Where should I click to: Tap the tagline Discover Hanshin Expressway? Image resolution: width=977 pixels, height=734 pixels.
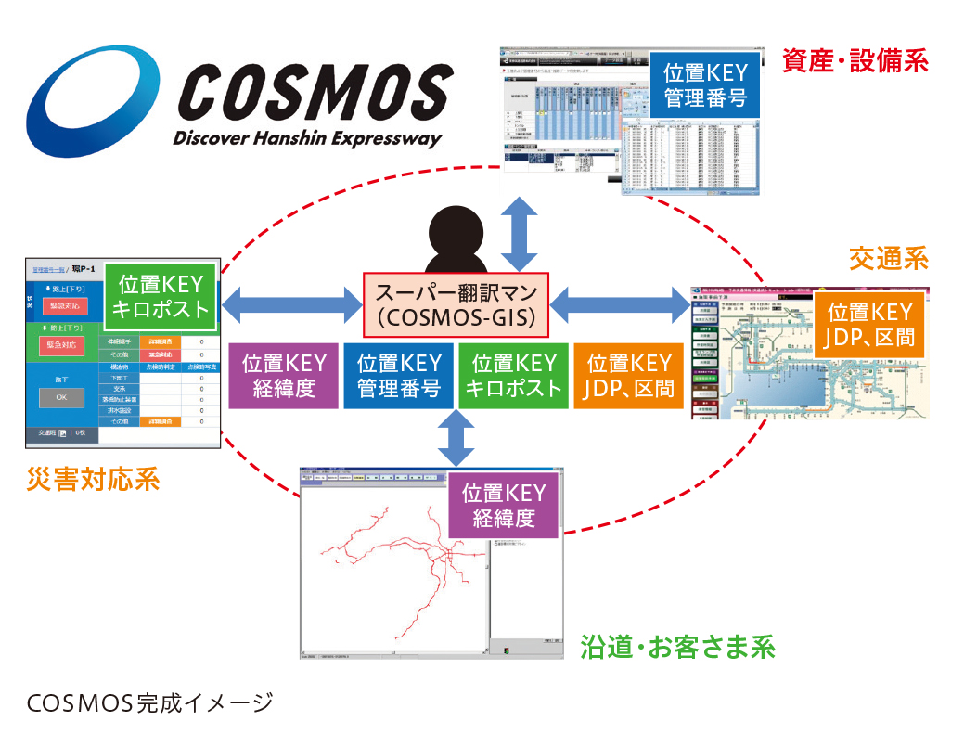click(x=307, y=138)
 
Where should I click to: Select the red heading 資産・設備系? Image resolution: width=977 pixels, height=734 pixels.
click(x=855, y=61)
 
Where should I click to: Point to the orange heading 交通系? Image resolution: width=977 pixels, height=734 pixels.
click(x=888, y=259)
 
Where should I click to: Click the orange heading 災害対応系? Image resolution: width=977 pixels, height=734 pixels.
click(x=93, y=480)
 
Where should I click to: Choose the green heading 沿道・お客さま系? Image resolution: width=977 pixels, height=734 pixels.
click(x=677, y=646)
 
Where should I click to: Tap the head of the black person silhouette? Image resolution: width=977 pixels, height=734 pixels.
click(x=456, y=225)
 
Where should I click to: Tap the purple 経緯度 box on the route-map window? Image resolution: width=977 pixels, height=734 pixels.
click(x=504, y=505)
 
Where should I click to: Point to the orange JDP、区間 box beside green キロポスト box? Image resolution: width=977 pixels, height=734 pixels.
click(x=628, y=376)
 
